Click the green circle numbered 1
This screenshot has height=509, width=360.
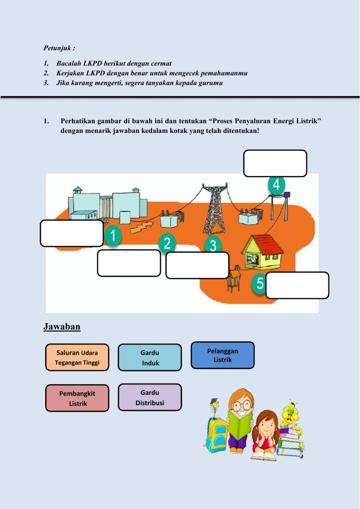tap(113, 236)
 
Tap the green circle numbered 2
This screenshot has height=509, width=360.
tap(167, 243)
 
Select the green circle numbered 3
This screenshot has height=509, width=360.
tap(213, 245)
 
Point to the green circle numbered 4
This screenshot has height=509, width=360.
tap(276, 184)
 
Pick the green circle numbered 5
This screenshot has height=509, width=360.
tap(260, 283)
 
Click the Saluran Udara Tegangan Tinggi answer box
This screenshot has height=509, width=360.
tap(77, 357)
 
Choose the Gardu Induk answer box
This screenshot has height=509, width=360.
tap(150, 357)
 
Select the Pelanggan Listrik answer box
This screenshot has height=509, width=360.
tap(222, 355)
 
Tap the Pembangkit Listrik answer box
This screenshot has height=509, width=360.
tap(77, 398)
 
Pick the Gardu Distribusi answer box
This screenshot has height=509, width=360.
tap(150, 397)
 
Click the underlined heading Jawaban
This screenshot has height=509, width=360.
tap(62, 326)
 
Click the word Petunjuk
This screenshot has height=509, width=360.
tap(58, 48)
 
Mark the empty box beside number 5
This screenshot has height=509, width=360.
tap(297, 285)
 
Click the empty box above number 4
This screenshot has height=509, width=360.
tap(275, 163)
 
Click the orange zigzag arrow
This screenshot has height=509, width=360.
tap(141, 227)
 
